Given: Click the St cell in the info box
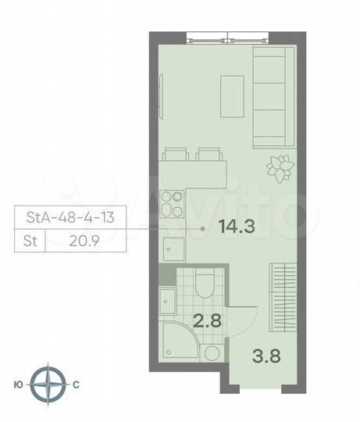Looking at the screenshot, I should [29, 241].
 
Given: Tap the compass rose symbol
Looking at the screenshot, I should [53, 384].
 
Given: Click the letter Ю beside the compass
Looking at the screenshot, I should [18, 384].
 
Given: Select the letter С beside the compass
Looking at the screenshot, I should [76, 384].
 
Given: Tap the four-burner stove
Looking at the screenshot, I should [173, 204].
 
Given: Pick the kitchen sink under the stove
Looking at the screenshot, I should [173, 249].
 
